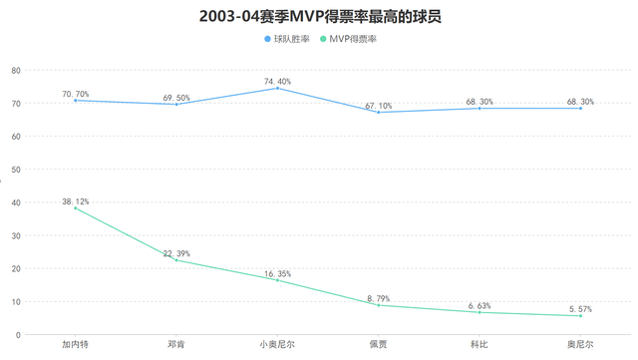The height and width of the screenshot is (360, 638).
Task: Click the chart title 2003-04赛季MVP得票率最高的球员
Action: [319, 16]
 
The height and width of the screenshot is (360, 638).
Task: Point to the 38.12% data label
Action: [76, 201]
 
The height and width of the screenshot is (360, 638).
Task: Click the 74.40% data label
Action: [277, 81]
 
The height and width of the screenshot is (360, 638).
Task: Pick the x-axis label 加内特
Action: [76, 344]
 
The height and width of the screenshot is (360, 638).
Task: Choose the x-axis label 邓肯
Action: [176, 344]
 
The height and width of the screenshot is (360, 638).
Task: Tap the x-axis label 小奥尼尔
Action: [277, 344]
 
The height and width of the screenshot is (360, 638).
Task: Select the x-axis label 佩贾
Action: [378, 344]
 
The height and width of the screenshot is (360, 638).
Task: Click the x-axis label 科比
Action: [479, 344]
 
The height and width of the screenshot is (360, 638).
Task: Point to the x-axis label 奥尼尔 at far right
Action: [580, 344]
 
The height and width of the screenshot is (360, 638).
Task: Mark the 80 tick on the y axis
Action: [16, 71]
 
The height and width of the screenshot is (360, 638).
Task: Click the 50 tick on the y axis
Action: [16, 170]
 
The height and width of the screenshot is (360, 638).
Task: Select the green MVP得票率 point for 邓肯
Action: [176, 260]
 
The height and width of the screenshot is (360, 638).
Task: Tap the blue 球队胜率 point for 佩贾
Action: [378, 113]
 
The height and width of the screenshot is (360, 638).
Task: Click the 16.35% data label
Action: [277, 272]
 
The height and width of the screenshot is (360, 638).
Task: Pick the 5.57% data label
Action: [580, 308]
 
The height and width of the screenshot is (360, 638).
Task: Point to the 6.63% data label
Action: [479, 305]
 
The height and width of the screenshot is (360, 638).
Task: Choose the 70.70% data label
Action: [76, 94]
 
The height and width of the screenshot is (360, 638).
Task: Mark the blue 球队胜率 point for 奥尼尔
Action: [580, 108]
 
